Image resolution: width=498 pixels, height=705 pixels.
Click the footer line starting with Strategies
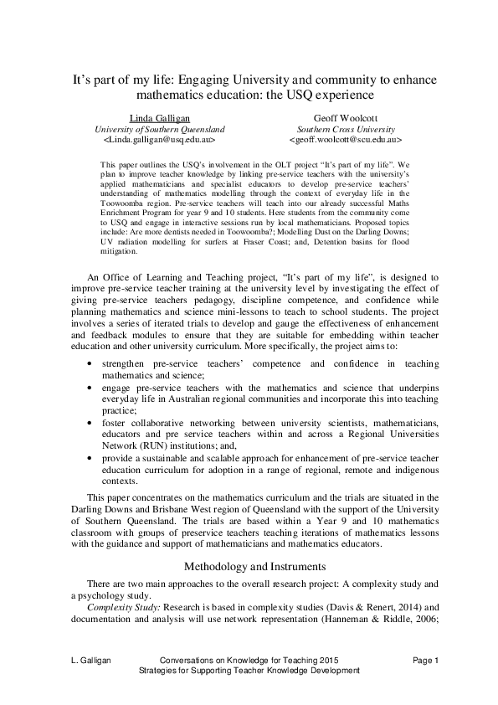pyautogui.click(x=249, y=672)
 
